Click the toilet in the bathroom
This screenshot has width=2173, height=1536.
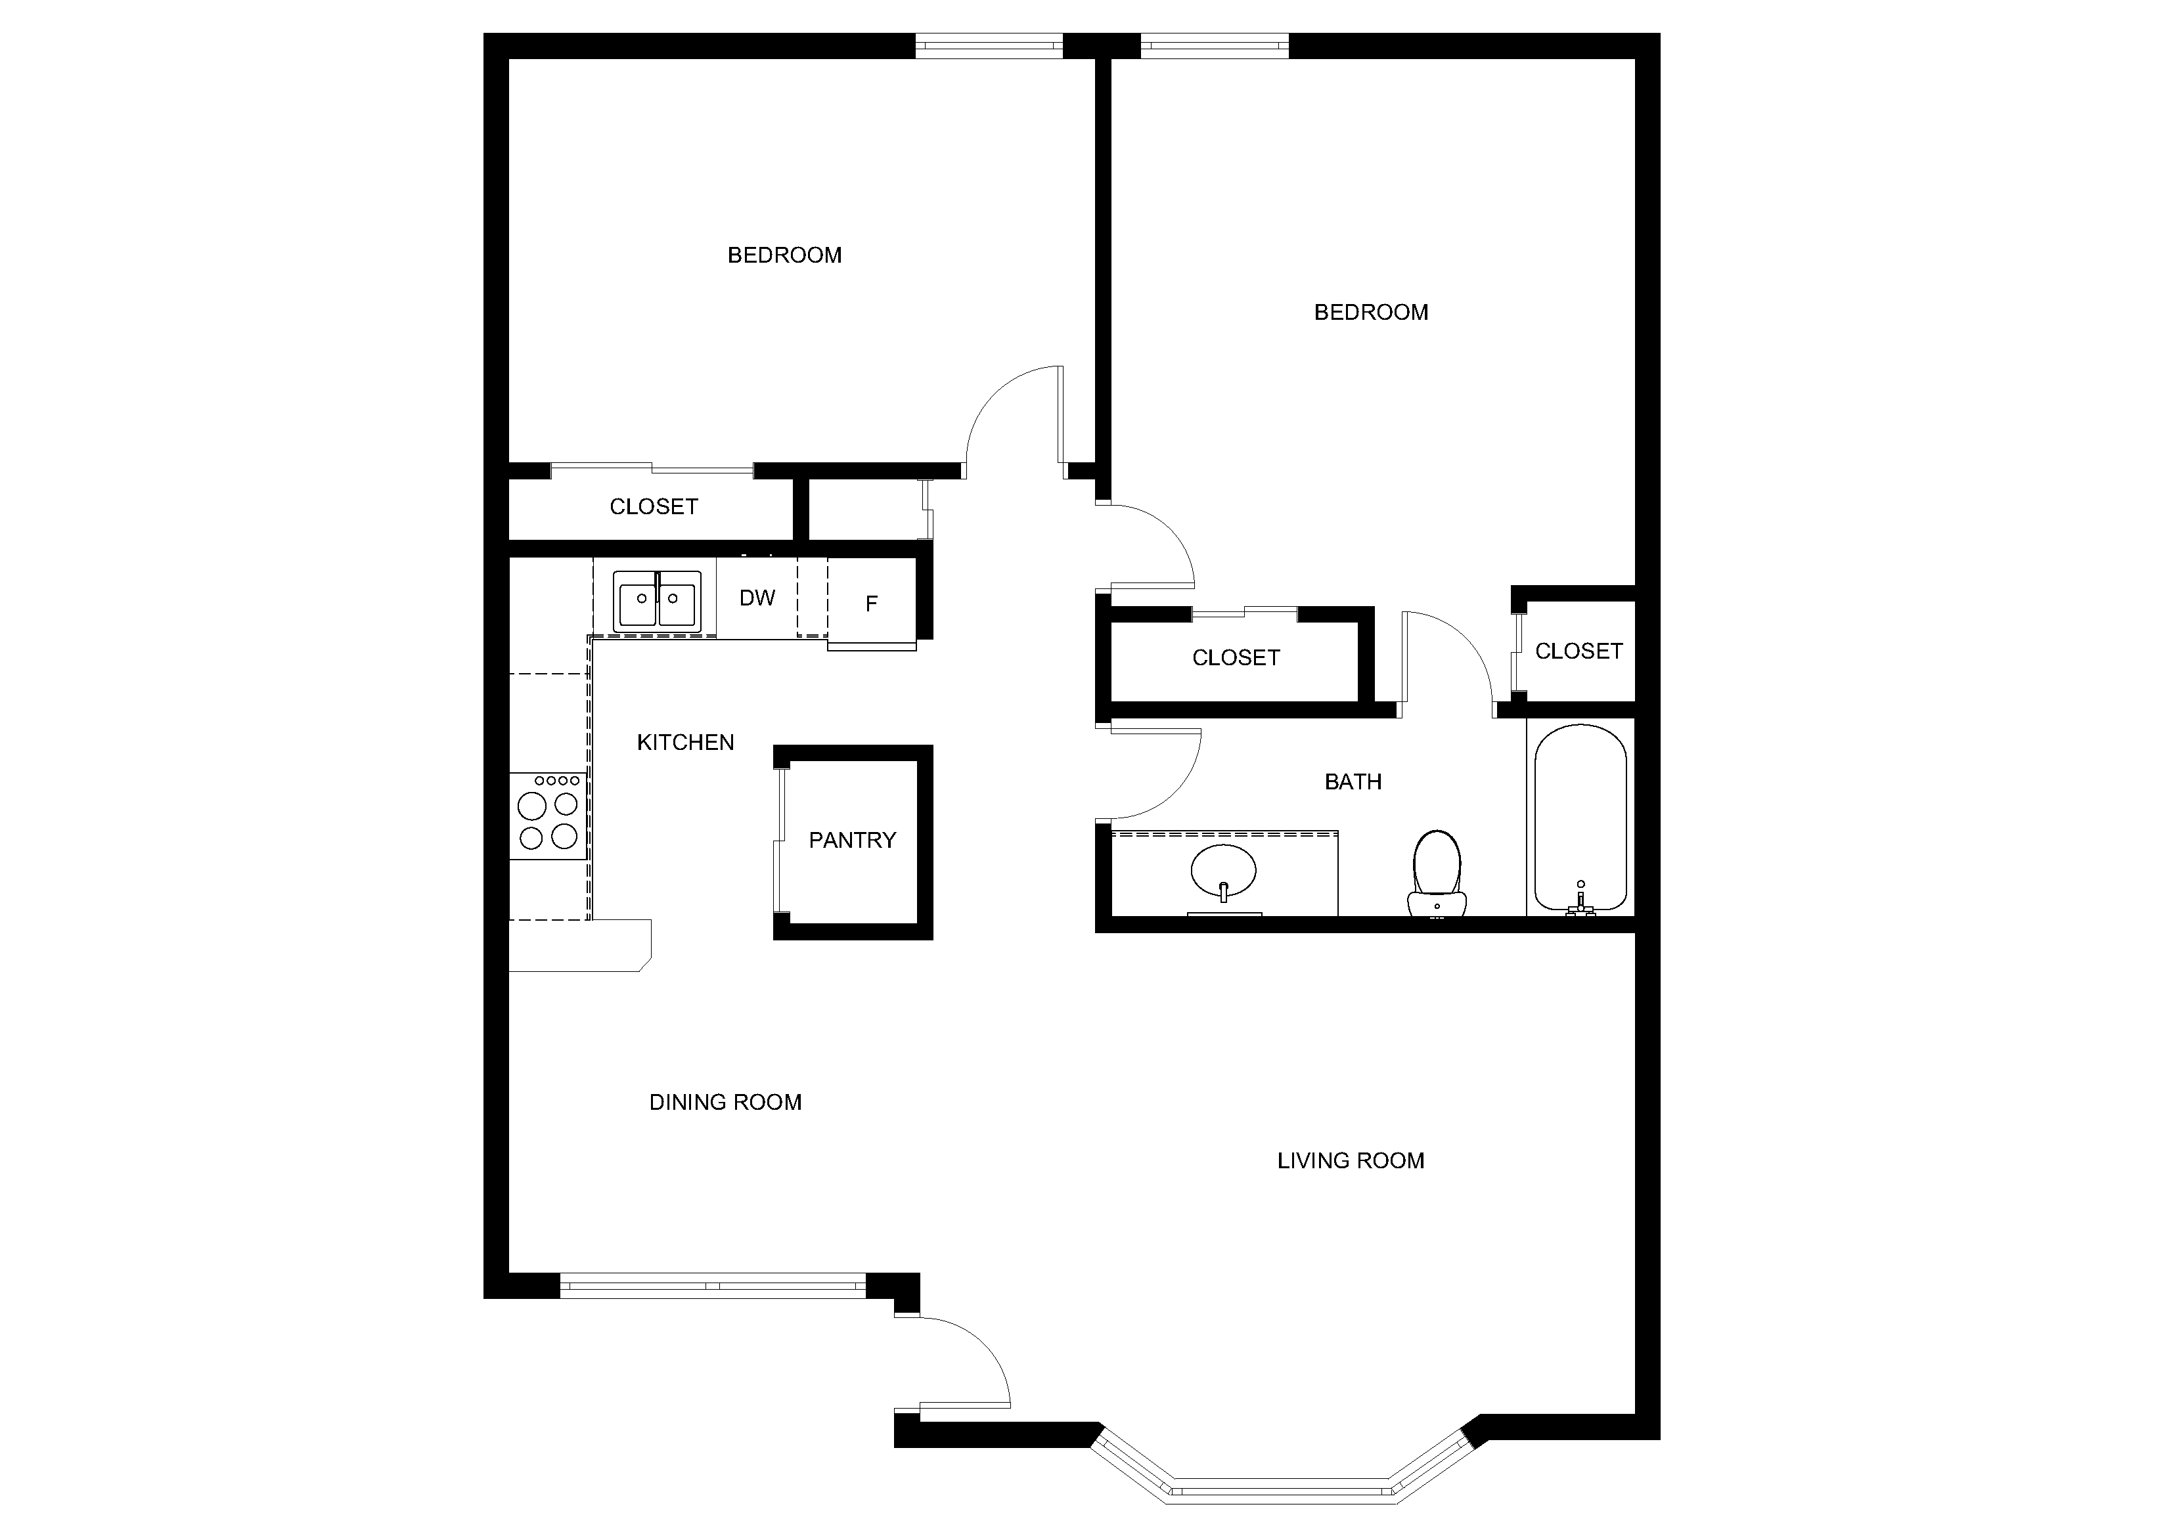[1437, 873]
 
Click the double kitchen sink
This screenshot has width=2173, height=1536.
[657, 601]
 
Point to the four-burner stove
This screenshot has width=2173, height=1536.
[548, 815]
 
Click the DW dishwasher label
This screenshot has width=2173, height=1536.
[757, 598]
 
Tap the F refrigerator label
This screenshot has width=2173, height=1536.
[872, 603]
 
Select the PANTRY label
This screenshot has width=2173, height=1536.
[852, 841]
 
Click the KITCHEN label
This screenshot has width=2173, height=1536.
[685, 743]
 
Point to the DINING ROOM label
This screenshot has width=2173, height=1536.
[725, 1103]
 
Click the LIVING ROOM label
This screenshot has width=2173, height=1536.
[1351, 1161]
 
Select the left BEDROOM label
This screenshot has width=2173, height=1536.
[784, 255]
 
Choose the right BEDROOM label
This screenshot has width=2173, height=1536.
[1372, 313]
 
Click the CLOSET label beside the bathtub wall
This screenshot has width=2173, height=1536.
[1579, 651]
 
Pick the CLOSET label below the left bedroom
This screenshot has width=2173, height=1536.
[654, 507]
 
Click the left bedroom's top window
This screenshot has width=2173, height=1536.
[989, 45]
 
